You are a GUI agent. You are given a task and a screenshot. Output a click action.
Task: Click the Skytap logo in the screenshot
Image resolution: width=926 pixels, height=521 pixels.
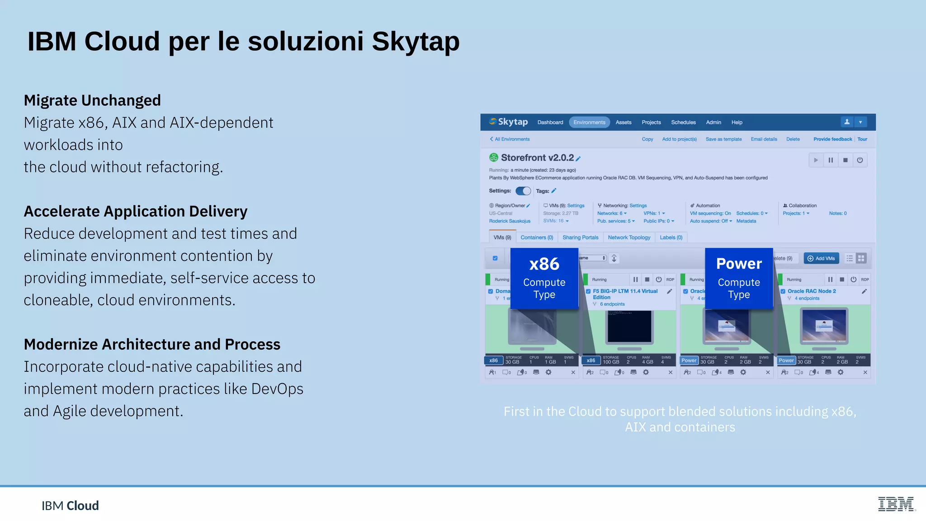(508, 122)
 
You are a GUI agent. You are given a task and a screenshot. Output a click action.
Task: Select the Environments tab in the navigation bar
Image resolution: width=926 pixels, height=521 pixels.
(589, 123)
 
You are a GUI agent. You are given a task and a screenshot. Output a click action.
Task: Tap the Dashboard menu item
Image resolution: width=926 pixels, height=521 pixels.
(550, 123)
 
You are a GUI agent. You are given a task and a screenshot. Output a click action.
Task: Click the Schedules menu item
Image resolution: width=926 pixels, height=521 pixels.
(683, 123)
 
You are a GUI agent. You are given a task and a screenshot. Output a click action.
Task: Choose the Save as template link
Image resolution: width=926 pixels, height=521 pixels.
(723, 139)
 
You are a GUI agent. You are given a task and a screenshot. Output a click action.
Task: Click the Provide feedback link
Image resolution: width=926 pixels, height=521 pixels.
(832, 139)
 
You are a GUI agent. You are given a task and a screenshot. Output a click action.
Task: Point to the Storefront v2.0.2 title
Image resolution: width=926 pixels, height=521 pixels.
(537, 158)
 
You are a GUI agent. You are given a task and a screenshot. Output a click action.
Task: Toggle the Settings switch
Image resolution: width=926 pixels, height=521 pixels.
(523, 191)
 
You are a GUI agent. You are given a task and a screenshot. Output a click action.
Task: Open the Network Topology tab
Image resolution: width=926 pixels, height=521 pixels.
(629, 237)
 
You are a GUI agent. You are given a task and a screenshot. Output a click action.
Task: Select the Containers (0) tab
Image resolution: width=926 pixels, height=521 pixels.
(537, 237)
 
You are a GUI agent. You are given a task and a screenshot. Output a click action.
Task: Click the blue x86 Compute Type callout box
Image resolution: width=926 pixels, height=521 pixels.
(544, 278)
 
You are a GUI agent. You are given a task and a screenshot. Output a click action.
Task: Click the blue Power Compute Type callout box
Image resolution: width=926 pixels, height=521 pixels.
(739, 278)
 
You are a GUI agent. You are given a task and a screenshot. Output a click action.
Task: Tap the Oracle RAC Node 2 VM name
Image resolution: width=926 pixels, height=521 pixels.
(812, 291)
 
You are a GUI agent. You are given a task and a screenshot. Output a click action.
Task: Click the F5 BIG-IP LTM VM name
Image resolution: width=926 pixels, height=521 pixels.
(625, 291)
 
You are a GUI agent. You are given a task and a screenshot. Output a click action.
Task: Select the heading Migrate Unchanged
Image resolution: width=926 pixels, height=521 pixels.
(92, 100)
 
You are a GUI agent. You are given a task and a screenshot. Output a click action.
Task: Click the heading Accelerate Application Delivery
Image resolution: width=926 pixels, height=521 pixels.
(136, 212)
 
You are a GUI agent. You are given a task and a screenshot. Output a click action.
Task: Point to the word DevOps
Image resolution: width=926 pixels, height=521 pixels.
(277, 389)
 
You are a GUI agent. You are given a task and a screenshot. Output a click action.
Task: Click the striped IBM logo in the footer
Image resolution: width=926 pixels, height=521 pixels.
(896, 504)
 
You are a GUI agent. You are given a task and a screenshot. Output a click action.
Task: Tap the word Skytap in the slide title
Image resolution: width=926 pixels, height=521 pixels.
(416, 42)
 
